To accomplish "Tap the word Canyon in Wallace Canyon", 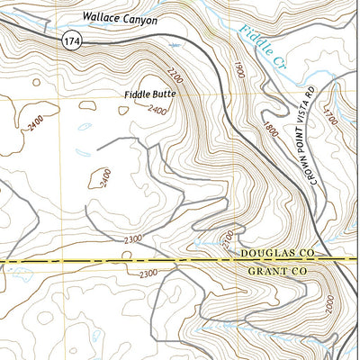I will click(139, 19).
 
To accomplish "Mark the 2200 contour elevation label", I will click(174, 68).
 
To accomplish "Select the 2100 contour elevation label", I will click(228, 239).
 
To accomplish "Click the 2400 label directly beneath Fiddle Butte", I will click(158, 111).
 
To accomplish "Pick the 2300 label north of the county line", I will click(133, 239).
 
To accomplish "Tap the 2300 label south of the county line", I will click(148, 274).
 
